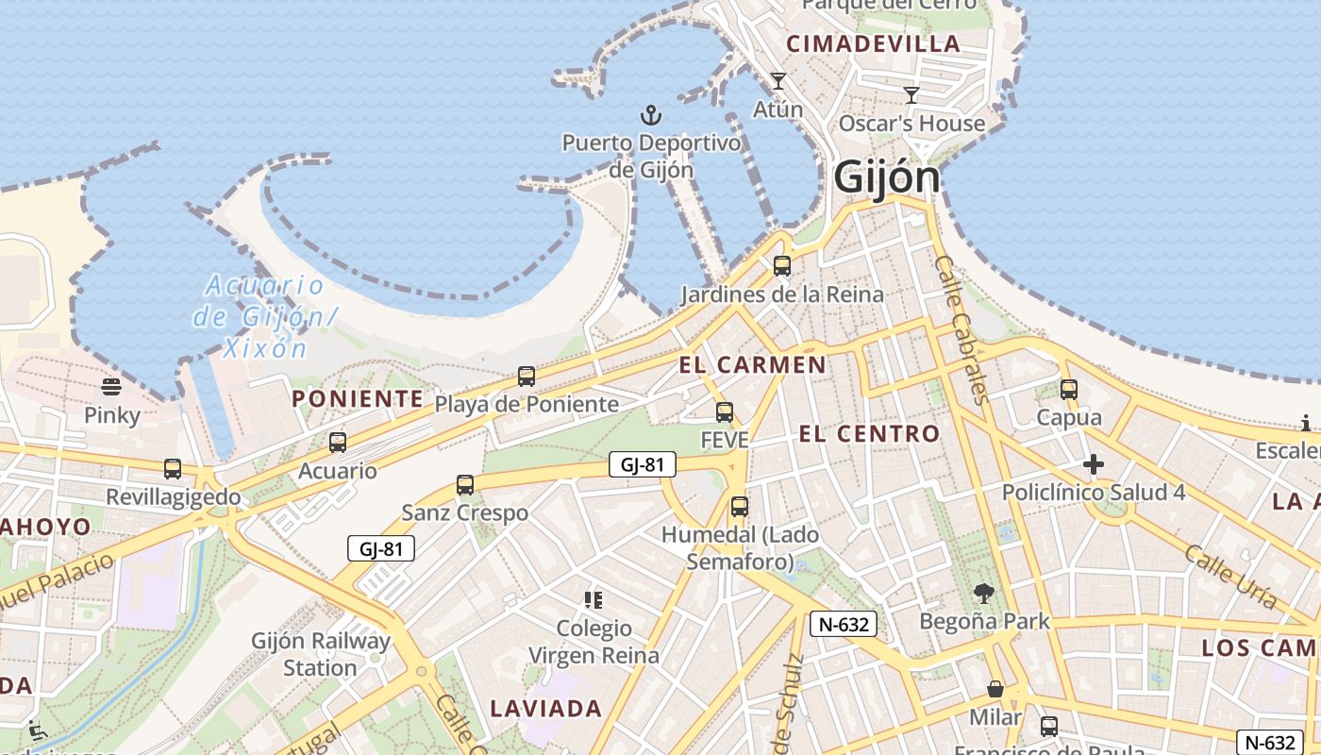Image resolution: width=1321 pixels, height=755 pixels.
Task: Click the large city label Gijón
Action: [887, 177]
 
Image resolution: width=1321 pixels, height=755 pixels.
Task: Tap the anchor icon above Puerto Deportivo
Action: [651, 116]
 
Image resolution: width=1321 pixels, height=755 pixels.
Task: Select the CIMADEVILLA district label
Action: [873, 43]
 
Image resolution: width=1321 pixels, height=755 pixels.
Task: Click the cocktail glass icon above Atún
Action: [778, 81]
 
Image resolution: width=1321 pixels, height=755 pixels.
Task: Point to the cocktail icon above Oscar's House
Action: [911, 94]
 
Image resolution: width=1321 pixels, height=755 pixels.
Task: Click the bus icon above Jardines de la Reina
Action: [782, 266]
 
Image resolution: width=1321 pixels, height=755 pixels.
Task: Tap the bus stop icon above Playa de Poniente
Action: [527, 377]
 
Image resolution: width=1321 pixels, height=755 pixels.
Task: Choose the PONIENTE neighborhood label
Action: [358, 398]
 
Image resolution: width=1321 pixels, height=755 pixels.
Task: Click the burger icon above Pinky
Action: [111, 387]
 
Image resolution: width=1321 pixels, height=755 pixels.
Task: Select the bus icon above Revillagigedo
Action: [173, 469]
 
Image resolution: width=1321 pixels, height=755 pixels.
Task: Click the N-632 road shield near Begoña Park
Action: [844, 623]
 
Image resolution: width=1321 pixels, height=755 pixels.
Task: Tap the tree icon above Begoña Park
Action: [984, 594]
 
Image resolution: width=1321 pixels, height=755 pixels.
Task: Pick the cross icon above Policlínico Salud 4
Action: [1094, 464]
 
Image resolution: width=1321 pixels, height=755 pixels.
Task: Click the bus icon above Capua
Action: [1069, 389]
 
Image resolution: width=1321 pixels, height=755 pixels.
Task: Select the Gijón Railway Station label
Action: [320, 654]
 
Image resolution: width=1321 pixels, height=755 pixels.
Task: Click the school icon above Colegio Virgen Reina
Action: [594, 599]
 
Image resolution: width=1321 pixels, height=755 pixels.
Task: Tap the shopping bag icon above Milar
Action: [995, 690]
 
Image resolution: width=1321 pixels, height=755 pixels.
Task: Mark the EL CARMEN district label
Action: [752, 364]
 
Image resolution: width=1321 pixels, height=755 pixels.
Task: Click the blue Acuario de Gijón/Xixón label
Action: [264, 316]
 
